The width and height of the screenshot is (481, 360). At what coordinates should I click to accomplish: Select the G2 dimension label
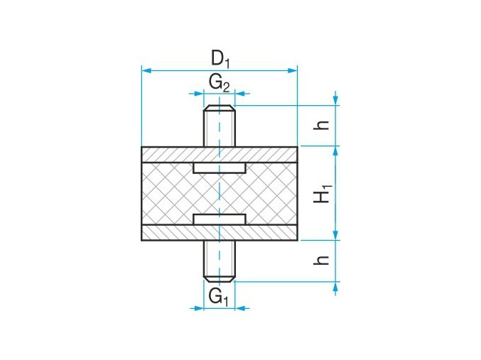pyautogui.click(x=219, y=82)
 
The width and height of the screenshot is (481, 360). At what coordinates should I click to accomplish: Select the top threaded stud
pyautogui.click(x=220, y=128)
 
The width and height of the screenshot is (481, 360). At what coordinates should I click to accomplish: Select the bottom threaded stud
pyautogui.click(x=220, y=259)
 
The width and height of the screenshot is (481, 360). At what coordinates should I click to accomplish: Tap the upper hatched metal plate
pyautogui.click(x=171, y=154)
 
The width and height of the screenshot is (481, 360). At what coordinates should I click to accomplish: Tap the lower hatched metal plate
pyautogui.click(x=171, y=232)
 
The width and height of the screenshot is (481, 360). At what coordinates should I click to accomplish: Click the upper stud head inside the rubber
pyautogui.click(x=220, y=168)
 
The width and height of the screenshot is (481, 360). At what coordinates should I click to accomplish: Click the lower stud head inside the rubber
pyautogui.click(x=220, y=219)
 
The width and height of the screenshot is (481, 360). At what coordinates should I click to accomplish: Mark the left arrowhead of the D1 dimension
pyautogui.click(x=145, y=70)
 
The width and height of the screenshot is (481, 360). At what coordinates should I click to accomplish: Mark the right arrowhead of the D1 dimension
pyautogui.click(x=293, y=70)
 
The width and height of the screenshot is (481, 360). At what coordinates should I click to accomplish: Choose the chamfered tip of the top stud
pyautogui.click(x=220, y=108)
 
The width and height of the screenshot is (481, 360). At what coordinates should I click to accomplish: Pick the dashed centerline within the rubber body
pyautogui.click(x=220, y=193)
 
